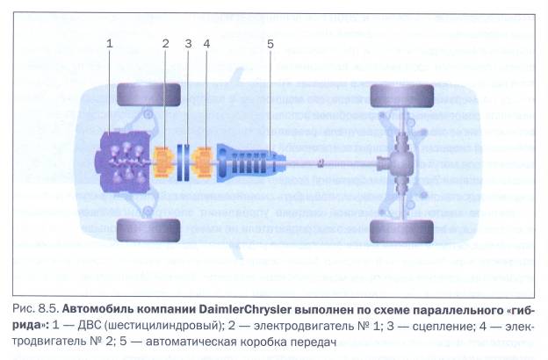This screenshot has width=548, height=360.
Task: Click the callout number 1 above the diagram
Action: pos(110,44)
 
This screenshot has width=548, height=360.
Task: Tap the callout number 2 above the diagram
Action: pos(165,44)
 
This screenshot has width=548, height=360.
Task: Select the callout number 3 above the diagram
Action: pos(188,44)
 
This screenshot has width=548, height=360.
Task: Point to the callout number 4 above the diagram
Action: pos(206,44)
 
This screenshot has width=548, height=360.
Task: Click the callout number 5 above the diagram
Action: pos(270,44)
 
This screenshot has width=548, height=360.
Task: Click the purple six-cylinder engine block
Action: pos(123,162)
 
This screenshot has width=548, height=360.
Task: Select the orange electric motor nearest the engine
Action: pos(163,162)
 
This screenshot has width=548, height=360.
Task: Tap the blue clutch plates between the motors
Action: pos(184,162)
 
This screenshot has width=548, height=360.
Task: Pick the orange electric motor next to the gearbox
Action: pos(203,162)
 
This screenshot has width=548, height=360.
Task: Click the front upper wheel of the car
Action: pos(148,95)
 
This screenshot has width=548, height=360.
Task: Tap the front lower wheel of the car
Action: pos(148,230)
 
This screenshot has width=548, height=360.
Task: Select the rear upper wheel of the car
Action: pos(402,96)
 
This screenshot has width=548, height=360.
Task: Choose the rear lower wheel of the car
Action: pos(402,232)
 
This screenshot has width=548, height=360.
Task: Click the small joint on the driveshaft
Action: pos(321,162)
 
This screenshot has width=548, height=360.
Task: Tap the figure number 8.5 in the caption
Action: pos(47,309)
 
